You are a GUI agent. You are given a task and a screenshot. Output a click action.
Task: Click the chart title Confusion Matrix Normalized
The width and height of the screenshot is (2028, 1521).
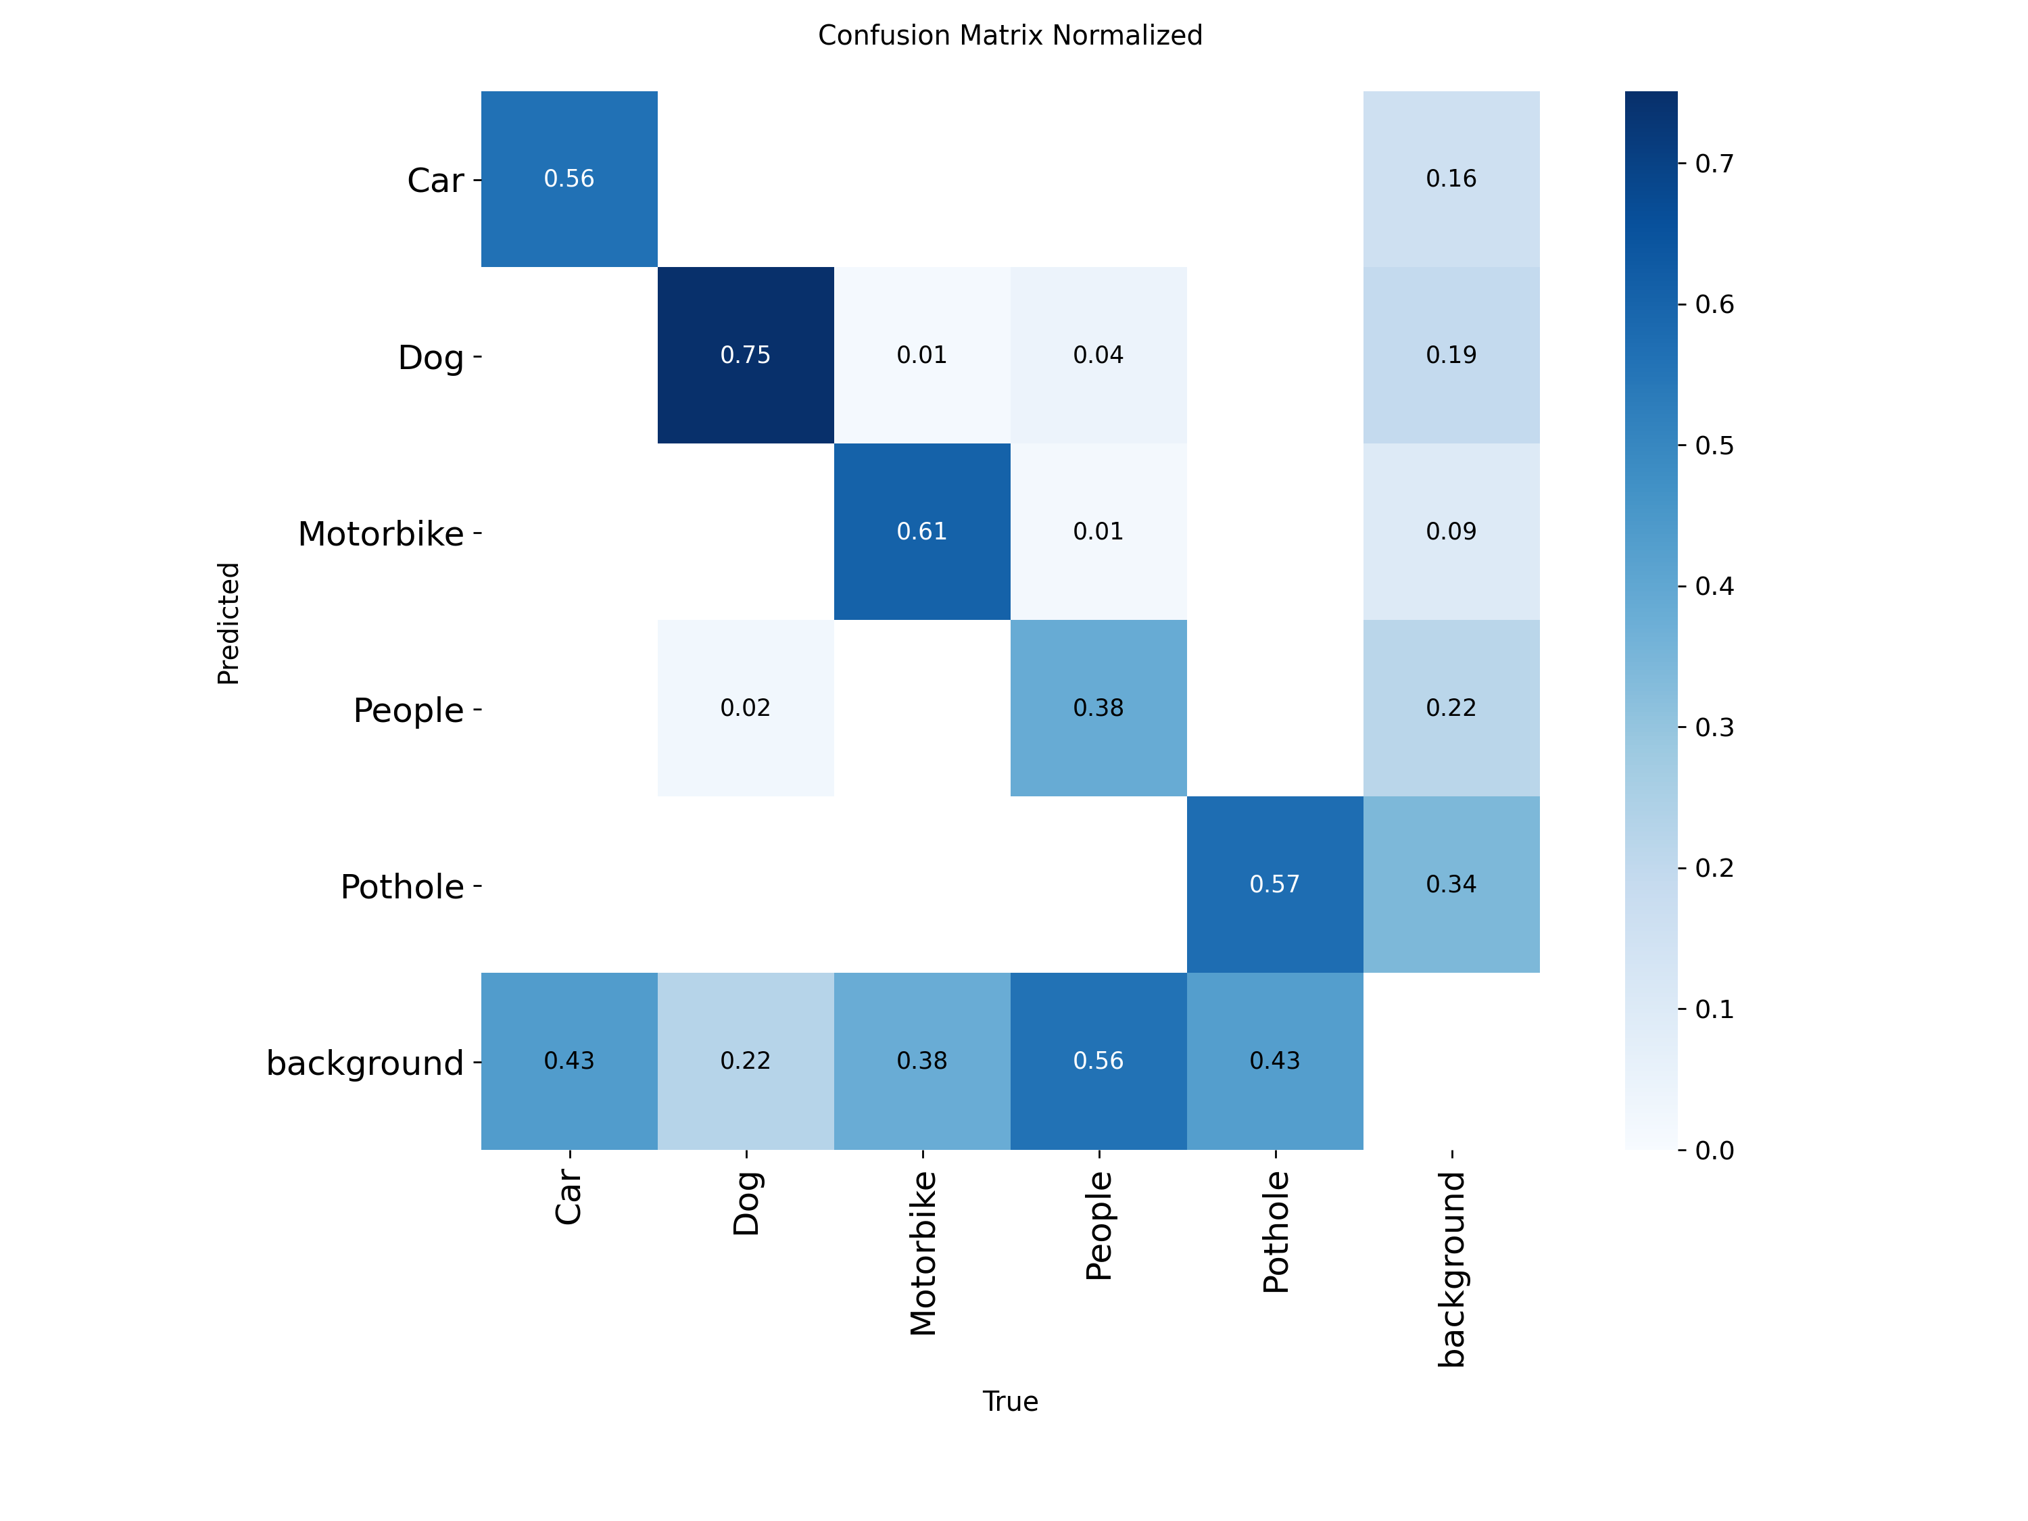(x=1009, y=36)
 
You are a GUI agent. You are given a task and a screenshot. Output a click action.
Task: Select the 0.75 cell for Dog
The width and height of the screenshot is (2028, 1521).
(x=746, y=355)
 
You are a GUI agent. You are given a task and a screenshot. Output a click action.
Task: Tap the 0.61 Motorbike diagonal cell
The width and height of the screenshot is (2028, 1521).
(x=921, y=532)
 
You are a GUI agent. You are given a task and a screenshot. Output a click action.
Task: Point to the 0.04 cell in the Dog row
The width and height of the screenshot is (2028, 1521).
(x=1098, y=355)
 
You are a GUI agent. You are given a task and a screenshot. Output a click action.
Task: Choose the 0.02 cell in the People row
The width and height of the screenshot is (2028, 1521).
(x=746, y=708)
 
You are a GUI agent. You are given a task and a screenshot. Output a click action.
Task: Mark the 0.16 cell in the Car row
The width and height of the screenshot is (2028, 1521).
(x=1451, y=178)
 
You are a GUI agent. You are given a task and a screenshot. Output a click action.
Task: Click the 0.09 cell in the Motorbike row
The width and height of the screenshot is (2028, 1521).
(x=1451, y=532)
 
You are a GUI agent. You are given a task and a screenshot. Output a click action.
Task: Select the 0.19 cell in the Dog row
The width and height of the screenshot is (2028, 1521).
(x=1451, y=355)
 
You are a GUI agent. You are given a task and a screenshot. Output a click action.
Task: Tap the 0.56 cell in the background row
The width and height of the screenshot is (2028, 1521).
(x=1098, y=1061)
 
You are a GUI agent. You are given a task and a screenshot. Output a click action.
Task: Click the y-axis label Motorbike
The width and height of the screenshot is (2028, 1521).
(x=381, y=533)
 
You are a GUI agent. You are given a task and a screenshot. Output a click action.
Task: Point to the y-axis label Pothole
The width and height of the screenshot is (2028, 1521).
(x=402, y=886)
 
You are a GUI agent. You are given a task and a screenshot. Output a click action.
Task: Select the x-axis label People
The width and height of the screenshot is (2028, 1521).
(x=1098, y=1225)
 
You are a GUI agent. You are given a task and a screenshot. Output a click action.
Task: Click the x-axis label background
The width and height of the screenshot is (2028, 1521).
(x=1451, y=1269)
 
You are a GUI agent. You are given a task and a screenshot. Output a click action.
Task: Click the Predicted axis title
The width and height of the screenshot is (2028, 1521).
(x=228, y=623)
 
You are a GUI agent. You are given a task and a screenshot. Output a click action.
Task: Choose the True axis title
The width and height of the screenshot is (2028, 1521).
(x=1009, y=1402)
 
